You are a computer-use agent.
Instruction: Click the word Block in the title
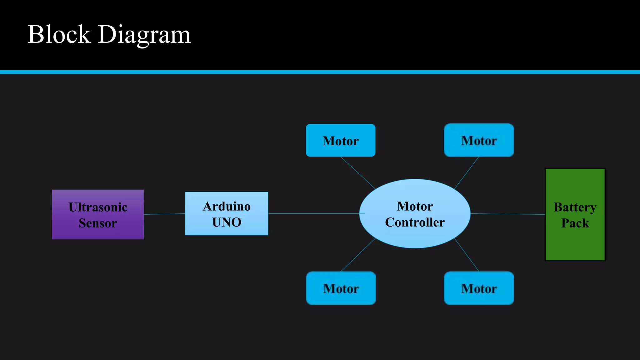tap(59, 34)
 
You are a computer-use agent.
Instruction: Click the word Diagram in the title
tap(144, 35)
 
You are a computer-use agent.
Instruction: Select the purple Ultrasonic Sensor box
tap(98, 215)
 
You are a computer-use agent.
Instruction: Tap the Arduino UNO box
tap(227, 214)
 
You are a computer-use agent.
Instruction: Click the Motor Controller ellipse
tap(415, 214)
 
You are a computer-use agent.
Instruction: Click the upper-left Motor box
tap(341, 141)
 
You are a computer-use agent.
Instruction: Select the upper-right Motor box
tap(479, 140)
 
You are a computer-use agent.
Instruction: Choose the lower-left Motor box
tap(341, 288)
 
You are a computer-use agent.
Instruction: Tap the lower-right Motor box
tap(479, 288)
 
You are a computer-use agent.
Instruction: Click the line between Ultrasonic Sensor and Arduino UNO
tap(164, 214)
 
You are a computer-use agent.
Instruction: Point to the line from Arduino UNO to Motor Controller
tap(314, 214)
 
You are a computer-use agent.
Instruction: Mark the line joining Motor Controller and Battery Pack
tap(508, 214)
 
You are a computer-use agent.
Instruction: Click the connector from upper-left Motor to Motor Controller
tap(358, 173)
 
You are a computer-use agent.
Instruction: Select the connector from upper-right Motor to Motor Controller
tap(467, 173)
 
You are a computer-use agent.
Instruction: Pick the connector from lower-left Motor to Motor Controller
tap(358, 255)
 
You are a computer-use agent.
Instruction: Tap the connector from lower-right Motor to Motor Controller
tap(466, 254)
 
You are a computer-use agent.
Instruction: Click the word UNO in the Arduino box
tap(227, 222)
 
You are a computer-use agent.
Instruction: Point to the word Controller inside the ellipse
tap(415, 222)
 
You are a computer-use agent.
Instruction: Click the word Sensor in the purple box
tap(98, 223)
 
